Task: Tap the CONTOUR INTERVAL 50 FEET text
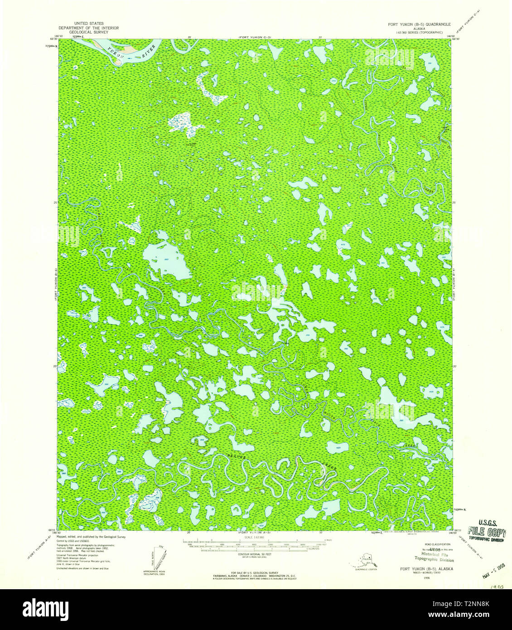tap(256, 554)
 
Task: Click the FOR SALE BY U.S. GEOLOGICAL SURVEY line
tap(256, 573)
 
